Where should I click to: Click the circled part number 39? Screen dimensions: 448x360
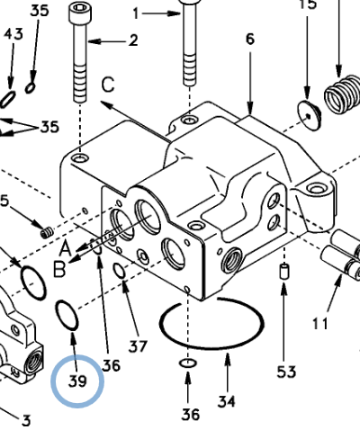[78, 381]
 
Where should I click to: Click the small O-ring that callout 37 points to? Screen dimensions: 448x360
[118, 272]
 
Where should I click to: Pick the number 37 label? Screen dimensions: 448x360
[137, 345]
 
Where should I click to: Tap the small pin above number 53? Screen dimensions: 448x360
[285, 271]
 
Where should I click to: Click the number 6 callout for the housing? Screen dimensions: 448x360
[249, 39]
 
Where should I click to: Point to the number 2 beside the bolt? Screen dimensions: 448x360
[132, 40]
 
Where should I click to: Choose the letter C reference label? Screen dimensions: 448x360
[108, 85]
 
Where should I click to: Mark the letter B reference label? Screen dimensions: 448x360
[59, 267]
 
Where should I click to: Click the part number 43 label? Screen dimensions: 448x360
[13, 33]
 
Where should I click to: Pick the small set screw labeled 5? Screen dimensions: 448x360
[45, 234]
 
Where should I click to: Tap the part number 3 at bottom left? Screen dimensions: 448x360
[26, 419]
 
